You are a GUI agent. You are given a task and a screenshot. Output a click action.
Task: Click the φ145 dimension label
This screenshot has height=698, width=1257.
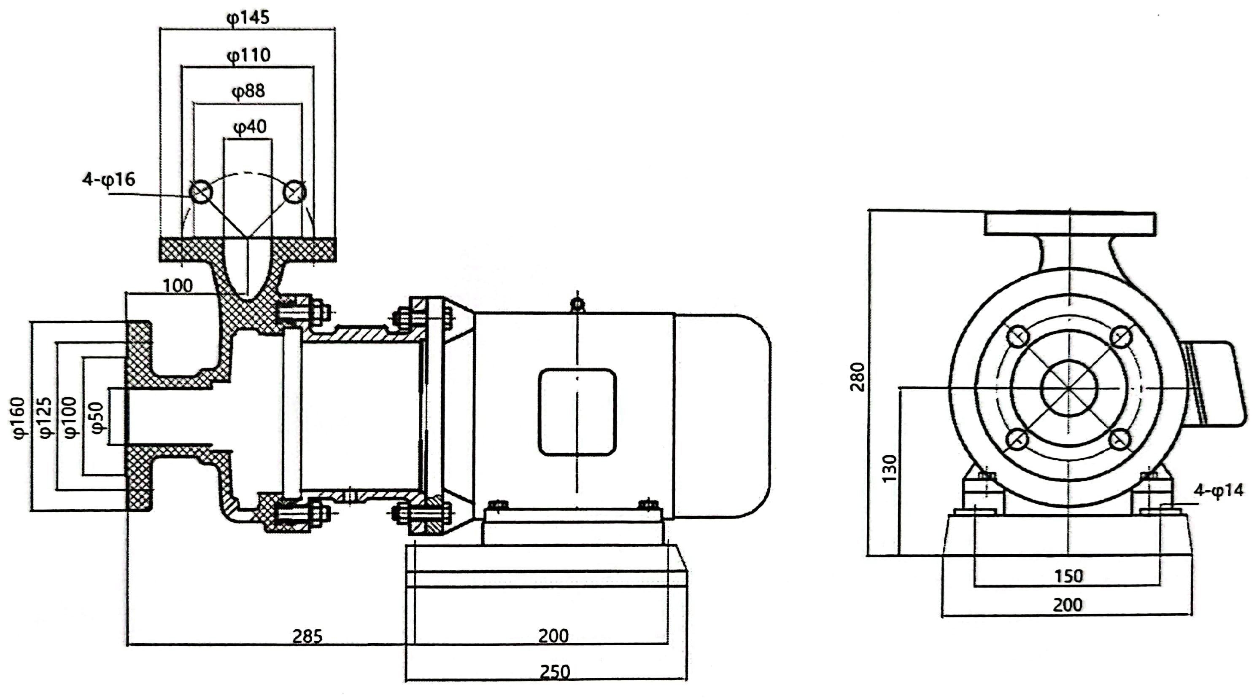pyautogui.click(x=248, y=18)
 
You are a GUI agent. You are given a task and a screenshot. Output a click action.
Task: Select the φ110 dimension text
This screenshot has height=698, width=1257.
pyautogui.click(x=248, y=55)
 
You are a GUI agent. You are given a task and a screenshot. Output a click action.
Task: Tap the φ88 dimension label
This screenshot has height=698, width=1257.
pyautogui.click(x=248, y=91)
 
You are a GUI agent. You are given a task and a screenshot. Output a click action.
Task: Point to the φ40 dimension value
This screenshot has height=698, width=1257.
pyautogui.click(x=250, y=127)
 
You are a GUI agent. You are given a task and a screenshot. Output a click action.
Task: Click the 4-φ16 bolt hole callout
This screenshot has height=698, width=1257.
pyautogui.click(x=108, y=180)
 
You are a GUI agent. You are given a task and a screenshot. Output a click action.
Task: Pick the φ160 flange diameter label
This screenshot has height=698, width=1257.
pyautogui.click(x=18, y=418)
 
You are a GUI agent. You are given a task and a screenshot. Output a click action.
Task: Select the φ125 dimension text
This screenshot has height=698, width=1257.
pyautogui.click(x=44, y=418)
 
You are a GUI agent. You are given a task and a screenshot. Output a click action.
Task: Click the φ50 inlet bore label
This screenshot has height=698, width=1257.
pyautogui.click(x=97, y=418)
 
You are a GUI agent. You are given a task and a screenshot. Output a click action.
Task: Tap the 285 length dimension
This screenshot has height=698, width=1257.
pyautogui.click(x=308, y=636)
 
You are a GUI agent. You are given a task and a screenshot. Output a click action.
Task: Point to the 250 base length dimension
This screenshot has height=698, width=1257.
pyautogui.click(x=555, y=672)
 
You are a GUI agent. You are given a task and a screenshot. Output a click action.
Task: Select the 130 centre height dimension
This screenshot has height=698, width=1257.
pyautogui.click(x=890, y=468)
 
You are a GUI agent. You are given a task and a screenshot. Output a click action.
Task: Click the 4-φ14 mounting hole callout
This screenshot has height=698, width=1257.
pyautogui.click(x=1219, y=490)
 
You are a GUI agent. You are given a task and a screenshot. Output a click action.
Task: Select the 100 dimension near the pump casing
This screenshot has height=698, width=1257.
pyautogui.click(x=178, y=285)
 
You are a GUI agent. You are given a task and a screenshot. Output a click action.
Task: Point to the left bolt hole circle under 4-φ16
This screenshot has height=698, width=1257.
pyautogui.click(x=200, y=192)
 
